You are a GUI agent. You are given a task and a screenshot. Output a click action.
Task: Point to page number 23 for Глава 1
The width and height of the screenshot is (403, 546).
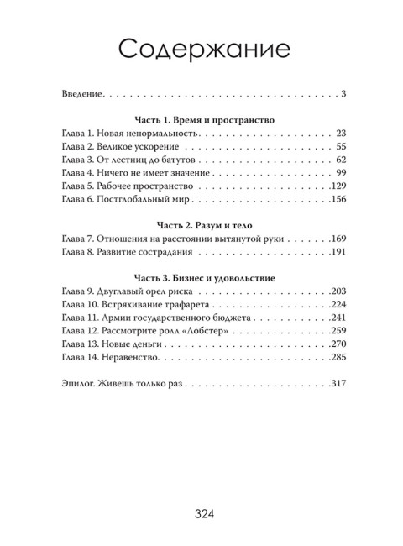click(340, 134)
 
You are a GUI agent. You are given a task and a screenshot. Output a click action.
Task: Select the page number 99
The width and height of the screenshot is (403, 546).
click(340, 173)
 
